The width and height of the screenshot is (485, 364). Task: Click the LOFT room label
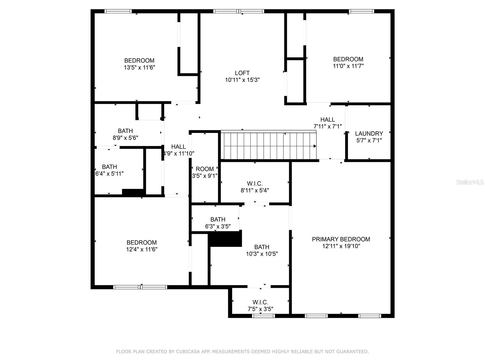242,73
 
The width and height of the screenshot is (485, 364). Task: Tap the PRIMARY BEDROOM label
341,239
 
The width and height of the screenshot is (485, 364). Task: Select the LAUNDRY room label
369,133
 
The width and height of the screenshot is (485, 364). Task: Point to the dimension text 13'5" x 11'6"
139,67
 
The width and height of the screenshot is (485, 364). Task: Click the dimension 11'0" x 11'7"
348,66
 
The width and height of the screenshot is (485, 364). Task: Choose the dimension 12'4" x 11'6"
142,249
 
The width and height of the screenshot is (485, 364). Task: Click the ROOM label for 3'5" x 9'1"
205,169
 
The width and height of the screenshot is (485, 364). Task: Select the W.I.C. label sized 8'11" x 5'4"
255,184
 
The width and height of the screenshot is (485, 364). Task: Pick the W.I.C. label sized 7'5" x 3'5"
260,302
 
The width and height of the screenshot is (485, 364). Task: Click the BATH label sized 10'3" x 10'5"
262,247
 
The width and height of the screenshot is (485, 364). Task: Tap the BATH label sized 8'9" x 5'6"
125,131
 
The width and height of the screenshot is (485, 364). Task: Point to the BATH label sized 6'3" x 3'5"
218,219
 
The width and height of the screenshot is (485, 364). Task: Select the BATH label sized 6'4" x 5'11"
109,167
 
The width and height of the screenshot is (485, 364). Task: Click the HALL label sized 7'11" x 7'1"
327,120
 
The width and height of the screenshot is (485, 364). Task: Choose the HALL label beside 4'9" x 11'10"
178,147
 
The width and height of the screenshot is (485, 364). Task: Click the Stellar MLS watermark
470,182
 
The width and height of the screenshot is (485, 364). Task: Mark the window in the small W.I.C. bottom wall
263,315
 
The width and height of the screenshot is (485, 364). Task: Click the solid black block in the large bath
226,239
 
